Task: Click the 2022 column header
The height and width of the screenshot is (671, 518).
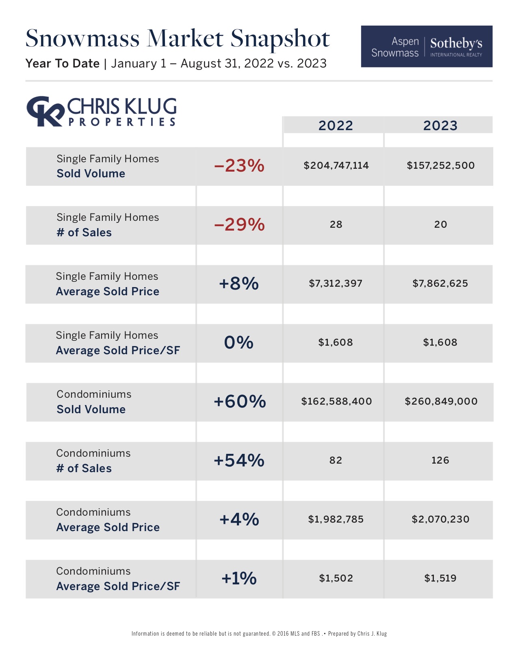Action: (x=336, y=125)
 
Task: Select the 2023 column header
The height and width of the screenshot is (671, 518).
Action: (x=440, y=125)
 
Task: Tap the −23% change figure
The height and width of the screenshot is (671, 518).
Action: (x=239, y=166)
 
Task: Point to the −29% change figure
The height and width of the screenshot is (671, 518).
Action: (x=239, y=224)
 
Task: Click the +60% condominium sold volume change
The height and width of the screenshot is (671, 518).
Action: (x=240, y=401)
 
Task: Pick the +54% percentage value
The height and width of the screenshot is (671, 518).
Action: (x=239, y=460)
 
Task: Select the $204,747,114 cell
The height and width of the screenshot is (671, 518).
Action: (x=336, y=166)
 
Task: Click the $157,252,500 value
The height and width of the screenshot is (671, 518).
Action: (x=440, y=166)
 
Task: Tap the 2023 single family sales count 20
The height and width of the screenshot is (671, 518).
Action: (x=440, y=224)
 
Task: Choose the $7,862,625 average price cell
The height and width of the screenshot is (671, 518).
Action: (x=440, y=283)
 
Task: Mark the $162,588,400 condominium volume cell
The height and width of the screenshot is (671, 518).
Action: (x=336, y=401)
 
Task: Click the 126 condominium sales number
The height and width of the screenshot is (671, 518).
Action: (x=440, y=460)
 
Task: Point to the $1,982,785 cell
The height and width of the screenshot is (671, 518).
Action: (x=336, y=519)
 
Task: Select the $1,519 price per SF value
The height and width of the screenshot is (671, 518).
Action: (x=440, y=578)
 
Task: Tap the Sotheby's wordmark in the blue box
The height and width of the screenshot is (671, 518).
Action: (x=456, y=44)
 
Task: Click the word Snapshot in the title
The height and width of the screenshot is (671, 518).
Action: (x=280, y=39)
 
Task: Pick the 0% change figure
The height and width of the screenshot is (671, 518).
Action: (x=239, y=342)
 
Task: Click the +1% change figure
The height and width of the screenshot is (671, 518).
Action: (x=239, y=578)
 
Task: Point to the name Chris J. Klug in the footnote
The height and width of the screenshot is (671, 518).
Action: (x=372, y=634)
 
